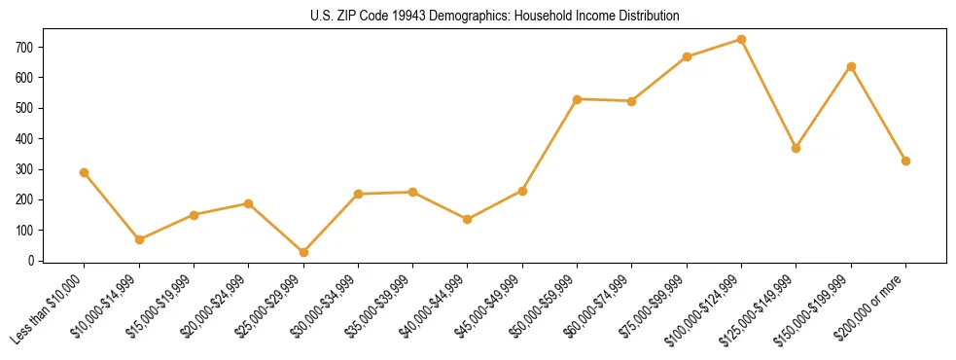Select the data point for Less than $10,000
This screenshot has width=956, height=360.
85,172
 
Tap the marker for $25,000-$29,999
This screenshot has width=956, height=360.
303,252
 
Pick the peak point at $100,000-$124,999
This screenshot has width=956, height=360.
742,40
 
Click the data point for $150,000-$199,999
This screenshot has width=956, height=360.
851,66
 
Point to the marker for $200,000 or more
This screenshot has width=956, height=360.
906,161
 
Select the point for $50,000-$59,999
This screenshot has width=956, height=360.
578,99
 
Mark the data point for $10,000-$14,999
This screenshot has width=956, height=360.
139,239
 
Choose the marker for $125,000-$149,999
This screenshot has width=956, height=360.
797,148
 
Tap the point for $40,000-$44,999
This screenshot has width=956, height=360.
468,219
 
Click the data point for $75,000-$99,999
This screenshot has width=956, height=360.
687,56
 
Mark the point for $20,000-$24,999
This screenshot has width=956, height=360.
249,203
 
